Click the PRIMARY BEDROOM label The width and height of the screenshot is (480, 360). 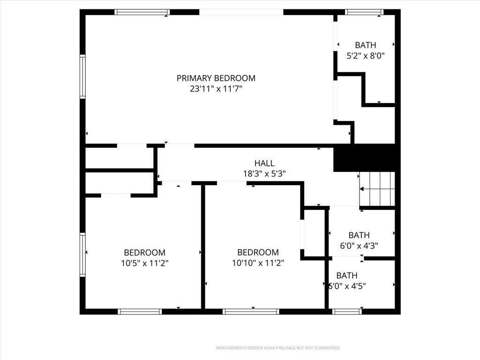tap(216, 78)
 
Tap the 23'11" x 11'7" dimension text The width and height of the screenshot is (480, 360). tap(216, 89)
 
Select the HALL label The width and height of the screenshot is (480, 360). tap(264, 163)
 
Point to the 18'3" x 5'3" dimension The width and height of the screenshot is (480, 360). tap(264, 174)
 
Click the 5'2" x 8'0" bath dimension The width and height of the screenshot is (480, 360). tap(366, 56)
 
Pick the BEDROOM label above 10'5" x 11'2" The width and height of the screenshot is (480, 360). tap(144, 253)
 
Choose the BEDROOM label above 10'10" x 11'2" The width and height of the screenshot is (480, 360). tap(258, 252)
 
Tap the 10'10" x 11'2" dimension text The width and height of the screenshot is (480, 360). tap(258, 263)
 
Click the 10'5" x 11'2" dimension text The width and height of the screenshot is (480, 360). tap(144, 263)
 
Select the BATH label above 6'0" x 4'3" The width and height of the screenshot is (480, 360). tap(359, 235)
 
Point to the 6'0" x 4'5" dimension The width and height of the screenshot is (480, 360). tap(347, 286)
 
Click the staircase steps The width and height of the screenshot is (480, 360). tap(377, 189)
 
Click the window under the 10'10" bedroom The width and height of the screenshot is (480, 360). tap(251, 312)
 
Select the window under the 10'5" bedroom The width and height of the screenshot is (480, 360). tap(140, 312)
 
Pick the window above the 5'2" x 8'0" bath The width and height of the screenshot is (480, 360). tap(364, 12)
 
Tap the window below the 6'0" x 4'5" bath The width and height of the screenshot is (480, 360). tap(347, 312)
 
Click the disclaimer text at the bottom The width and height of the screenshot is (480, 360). tap(278, 348)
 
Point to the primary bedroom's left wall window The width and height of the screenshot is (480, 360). tap(82, 76)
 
